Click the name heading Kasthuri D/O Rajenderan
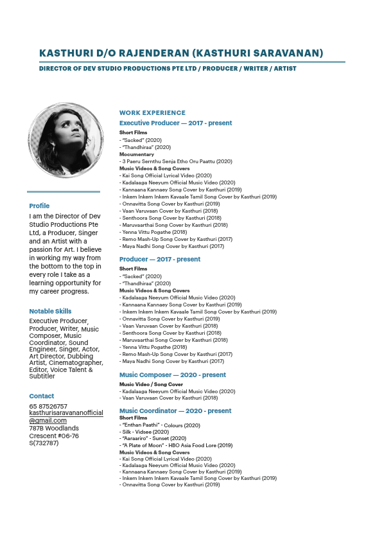tap(181, 53)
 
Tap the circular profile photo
tap(66, 139)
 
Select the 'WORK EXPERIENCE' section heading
tap(152, 113)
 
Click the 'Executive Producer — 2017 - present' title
tap(175, 123)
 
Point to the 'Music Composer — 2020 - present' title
tap(172, 375)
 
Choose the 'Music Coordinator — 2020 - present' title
tap(175, 411)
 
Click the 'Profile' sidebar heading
tap(39, 206)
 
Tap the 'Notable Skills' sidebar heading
tap(50, 311)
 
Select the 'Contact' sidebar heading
tap(41, 396)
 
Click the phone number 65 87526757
tap(48, 406)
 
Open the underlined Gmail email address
tap(65, 416)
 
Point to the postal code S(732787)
tap(44, 443)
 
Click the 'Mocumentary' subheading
tap(137, 154)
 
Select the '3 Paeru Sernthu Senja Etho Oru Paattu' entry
tap(177, 161)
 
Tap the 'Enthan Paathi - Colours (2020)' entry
tap(161, 425)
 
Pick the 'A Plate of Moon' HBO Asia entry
tap(177, 445)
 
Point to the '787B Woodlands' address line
tap(54, 428)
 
